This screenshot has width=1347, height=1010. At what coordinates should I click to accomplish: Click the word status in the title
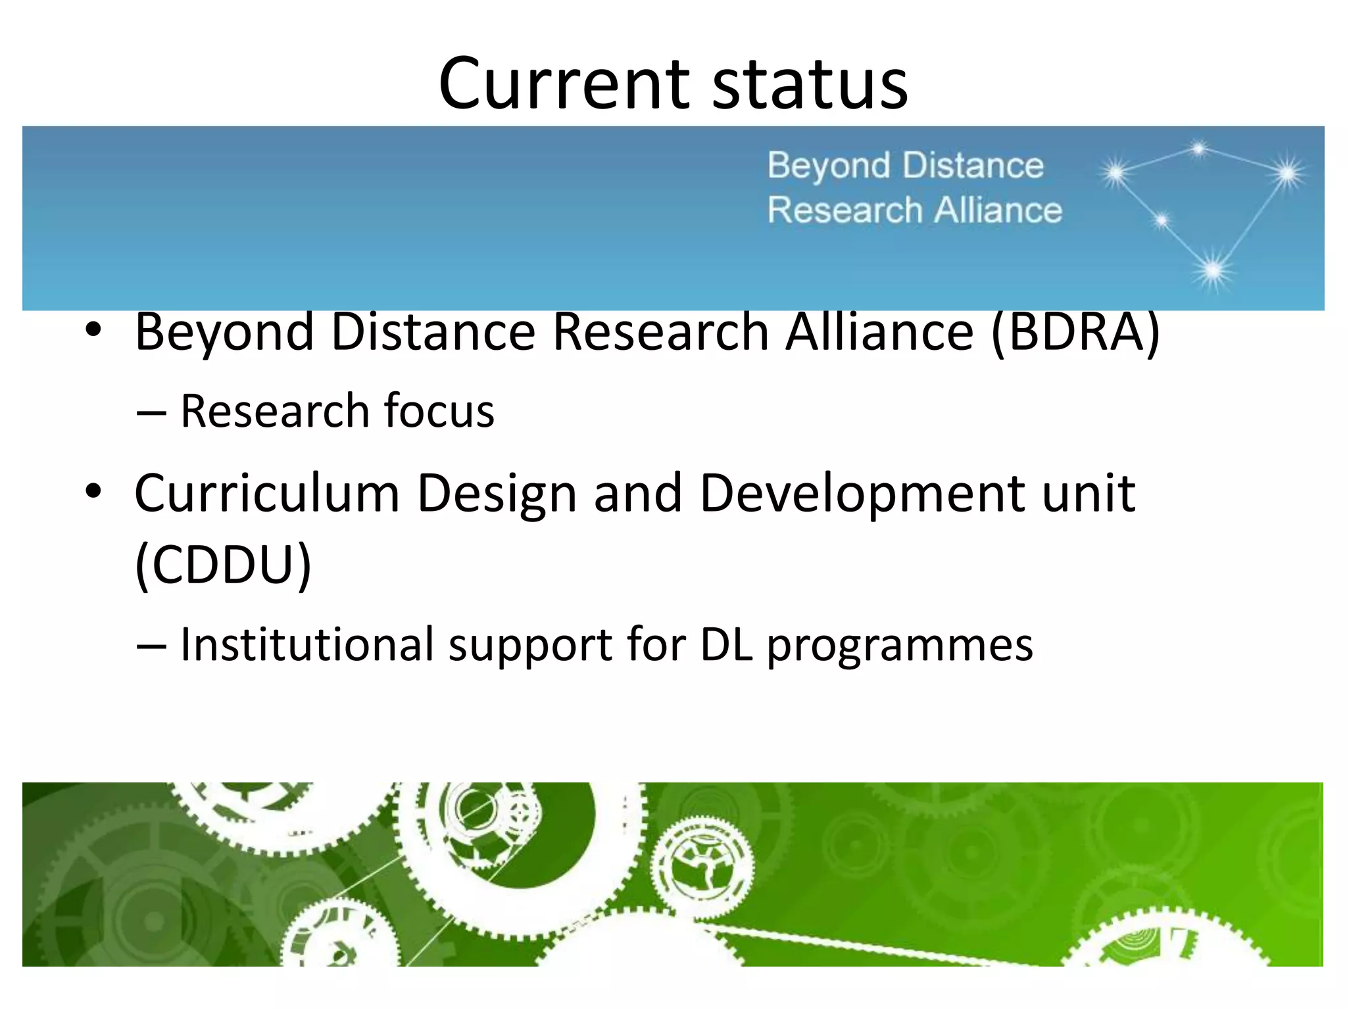[x=810, y=84]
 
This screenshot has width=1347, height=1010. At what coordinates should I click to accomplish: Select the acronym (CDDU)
[x=223, y=564]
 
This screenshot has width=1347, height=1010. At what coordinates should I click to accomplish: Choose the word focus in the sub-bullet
[x=439, y=411]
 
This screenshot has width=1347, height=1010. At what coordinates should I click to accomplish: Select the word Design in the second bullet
[x=497, y=494]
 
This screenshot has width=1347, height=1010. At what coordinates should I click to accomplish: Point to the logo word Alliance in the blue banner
[x=998, y=210]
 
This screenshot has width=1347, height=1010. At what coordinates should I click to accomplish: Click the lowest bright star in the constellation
[x=1212, y=270]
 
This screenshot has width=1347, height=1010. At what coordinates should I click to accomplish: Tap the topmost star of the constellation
[x=1198, y=149]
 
